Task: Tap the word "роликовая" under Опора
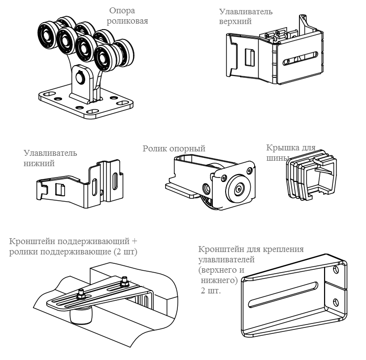point(129,21)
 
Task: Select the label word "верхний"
point(236,22)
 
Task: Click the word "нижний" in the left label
point(38,163)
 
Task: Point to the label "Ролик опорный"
point(173,148)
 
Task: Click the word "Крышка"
point(280,146)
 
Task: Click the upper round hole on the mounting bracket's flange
point(336,270)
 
